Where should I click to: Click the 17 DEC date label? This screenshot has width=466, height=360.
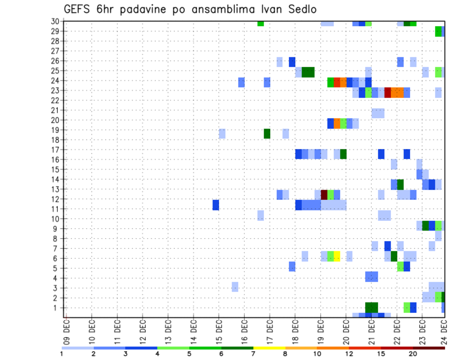pyautogui.click(x=269, y=332)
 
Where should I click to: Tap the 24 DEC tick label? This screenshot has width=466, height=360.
pyautogui.click(x=444, y=332)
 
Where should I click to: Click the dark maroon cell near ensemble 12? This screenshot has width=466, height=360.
pyautogui.click(x=324, y=195)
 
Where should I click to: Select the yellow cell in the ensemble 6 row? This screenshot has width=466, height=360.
pyautogui.click(x=337, y=256)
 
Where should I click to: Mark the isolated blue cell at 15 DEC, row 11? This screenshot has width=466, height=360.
pyautogui.click(x=216, y=205)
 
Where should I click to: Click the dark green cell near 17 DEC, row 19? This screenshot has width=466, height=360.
pyautogui.click(x=267, y=133)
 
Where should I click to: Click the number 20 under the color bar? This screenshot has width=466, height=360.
pyautogui.click(x=413, y=353)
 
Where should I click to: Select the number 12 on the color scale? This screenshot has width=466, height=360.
pyautogui.click(x=349, y=353)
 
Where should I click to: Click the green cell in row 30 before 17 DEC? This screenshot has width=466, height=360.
pyautogui.click(x=261, y=23)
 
